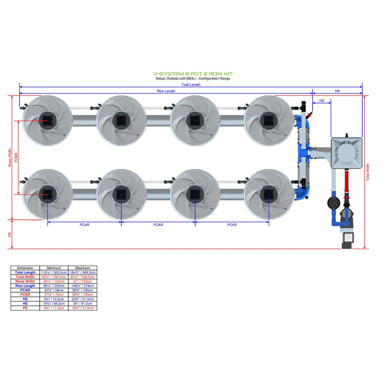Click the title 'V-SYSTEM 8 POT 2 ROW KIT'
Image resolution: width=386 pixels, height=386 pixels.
pyautogui.click(x=191, y=72)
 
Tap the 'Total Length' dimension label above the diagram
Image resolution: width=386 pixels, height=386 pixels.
pyautogui.click(x=191, y=84)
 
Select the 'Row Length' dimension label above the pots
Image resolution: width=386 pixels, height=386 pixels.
pyautogui.click(x=167, y=91)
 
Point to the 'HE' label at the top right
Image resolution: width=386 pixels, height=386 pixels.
pyautogui.click(x=337, y=91)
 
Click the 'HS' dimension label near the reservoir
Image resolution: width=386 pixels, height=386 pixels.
pyautogui.click(x=321, y=100)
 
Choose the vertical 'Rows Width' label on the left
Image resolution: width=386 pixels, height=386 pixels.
pyautogui.click(x=9, y=157)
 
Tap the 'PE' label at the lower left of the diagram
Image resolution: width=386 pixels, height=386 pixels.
pyautogui.click(x=9, y=234)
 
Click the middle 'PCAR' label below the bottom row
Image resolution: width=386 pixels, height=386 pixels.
pyautogui.click(x=158, y=225)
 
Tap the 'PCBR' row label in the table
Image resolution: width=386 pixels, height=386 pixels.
pyautogui.click(x=25, y=295)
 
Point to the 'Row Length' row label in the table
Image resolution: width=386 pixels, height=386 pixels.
pyautogui.click(x=25, y=286)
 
